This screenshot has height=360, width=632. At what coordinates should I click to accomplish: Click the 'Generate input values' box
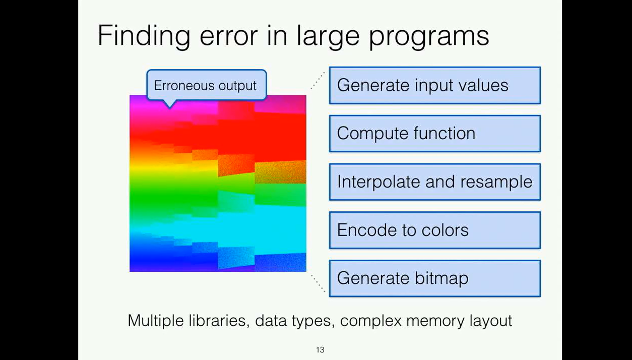(x=434, y=85)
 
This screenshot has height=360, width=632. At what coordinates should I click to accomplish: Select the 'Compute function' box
(x=434, y=134)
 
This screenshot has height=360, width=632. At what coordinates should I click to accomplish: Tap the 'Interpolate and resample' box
(x=434, y=182)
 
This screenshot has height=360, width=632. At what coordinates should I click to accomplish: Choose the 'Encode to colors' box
(x=434, y=230)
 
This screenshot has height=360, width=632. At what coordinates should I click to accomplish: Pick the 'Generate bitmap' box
(x=434, y=278)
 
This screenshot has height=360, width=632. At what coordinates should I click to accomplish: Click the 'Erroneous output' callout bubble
(x=206, y=85)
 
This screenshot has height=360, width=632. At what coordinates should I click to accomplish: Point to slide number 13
(x=320, y=349)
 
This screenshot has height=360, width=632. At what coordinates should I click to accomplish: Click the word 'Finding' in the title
(x=144, y=36)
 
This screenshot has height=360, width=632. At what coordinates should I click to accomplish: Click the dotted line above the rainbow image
(x=318, y=81)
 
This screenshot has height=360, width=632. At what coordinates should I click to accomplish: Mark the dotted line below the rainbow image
(x=318, y=283)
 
